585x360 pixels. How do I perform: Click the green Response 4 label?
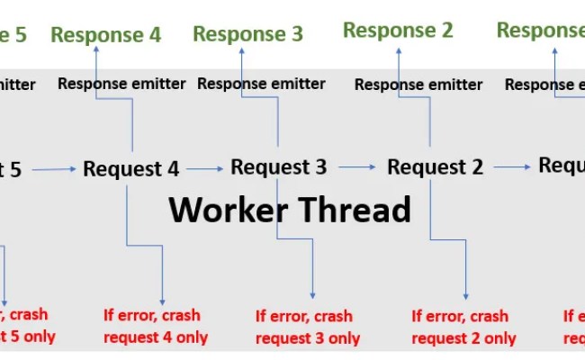(x=106, y=35)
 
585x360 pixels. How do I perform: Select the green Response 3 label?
(x=247, y=34)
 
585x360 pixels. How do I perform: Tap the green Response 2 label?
(x=398, y=31)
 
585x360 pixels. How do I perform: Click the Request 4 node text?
(x=131, y=168)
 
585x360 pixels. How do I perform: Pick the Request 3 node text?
(x=278, y=166)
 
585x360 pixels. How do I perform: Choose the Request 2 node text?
(x=435, y=166)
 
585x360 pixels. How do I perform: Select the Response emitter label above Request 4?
(x=121, y=84)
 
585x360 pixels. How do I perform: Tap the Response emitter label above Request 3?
(x=261, y=84)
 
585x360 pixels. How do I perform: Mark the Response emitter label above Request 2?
(x=418, y=85)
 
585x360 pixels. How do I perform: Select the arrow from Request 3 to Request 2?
(x=356, y=166)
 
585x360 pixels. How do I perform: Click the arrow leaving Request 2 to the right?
(x=512, y=166)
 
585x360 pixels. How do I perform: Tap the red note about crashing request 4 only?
(x=155, y=327)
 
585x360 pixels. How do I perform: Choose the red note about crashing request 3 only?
(x=307, y=327)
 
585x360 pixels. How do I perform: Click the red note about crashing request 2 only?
(x=463, y=327)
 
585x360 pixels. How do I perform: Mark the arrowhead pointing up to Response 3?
(x=242, y=51)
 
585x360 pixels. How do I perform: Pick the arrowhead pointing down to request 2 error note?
(x=466, y=295)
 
